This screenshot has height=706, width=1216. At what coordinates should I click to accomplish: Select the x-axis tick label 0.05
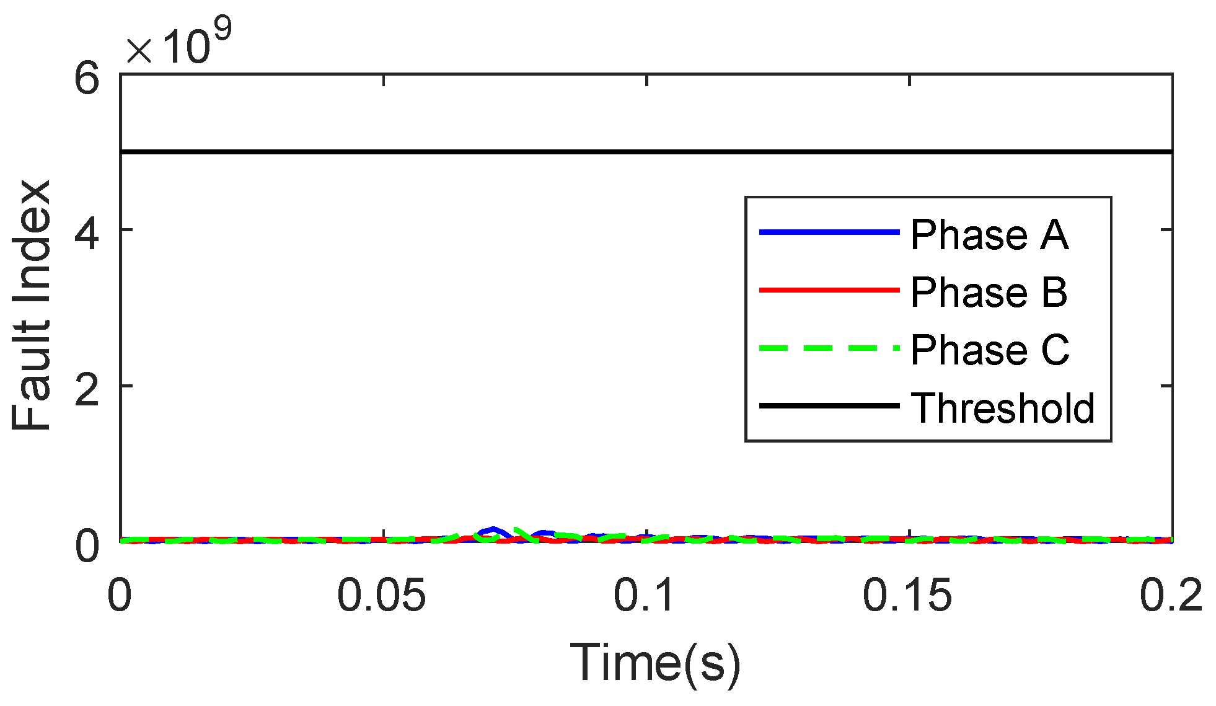381,596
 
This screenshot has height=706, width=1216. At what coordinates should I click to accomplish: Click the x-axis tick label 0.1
645,596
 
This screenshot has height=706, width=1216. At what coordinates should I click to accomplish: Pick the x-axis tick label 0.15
907,596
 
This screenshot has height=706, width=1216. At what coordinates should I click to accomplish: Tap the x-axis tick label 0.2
1171,596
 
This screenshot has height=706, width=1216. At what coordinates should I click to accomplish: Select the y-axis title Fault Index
31,306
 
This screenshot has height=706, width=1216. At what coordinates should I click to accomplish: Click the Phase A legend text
990,236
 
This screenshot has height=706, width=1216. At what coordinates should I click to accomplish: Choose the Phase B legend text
989,293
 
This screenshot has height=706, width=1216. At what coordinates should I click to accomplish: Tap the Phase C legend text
990,350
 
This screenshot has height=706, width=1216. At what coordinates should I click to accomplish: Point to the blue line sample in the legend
829,232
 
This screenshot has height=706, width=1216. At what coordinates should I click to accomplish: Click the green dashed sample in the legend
829,348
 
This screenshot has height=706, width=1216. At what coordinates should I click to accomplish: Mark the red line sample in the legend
829,289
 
